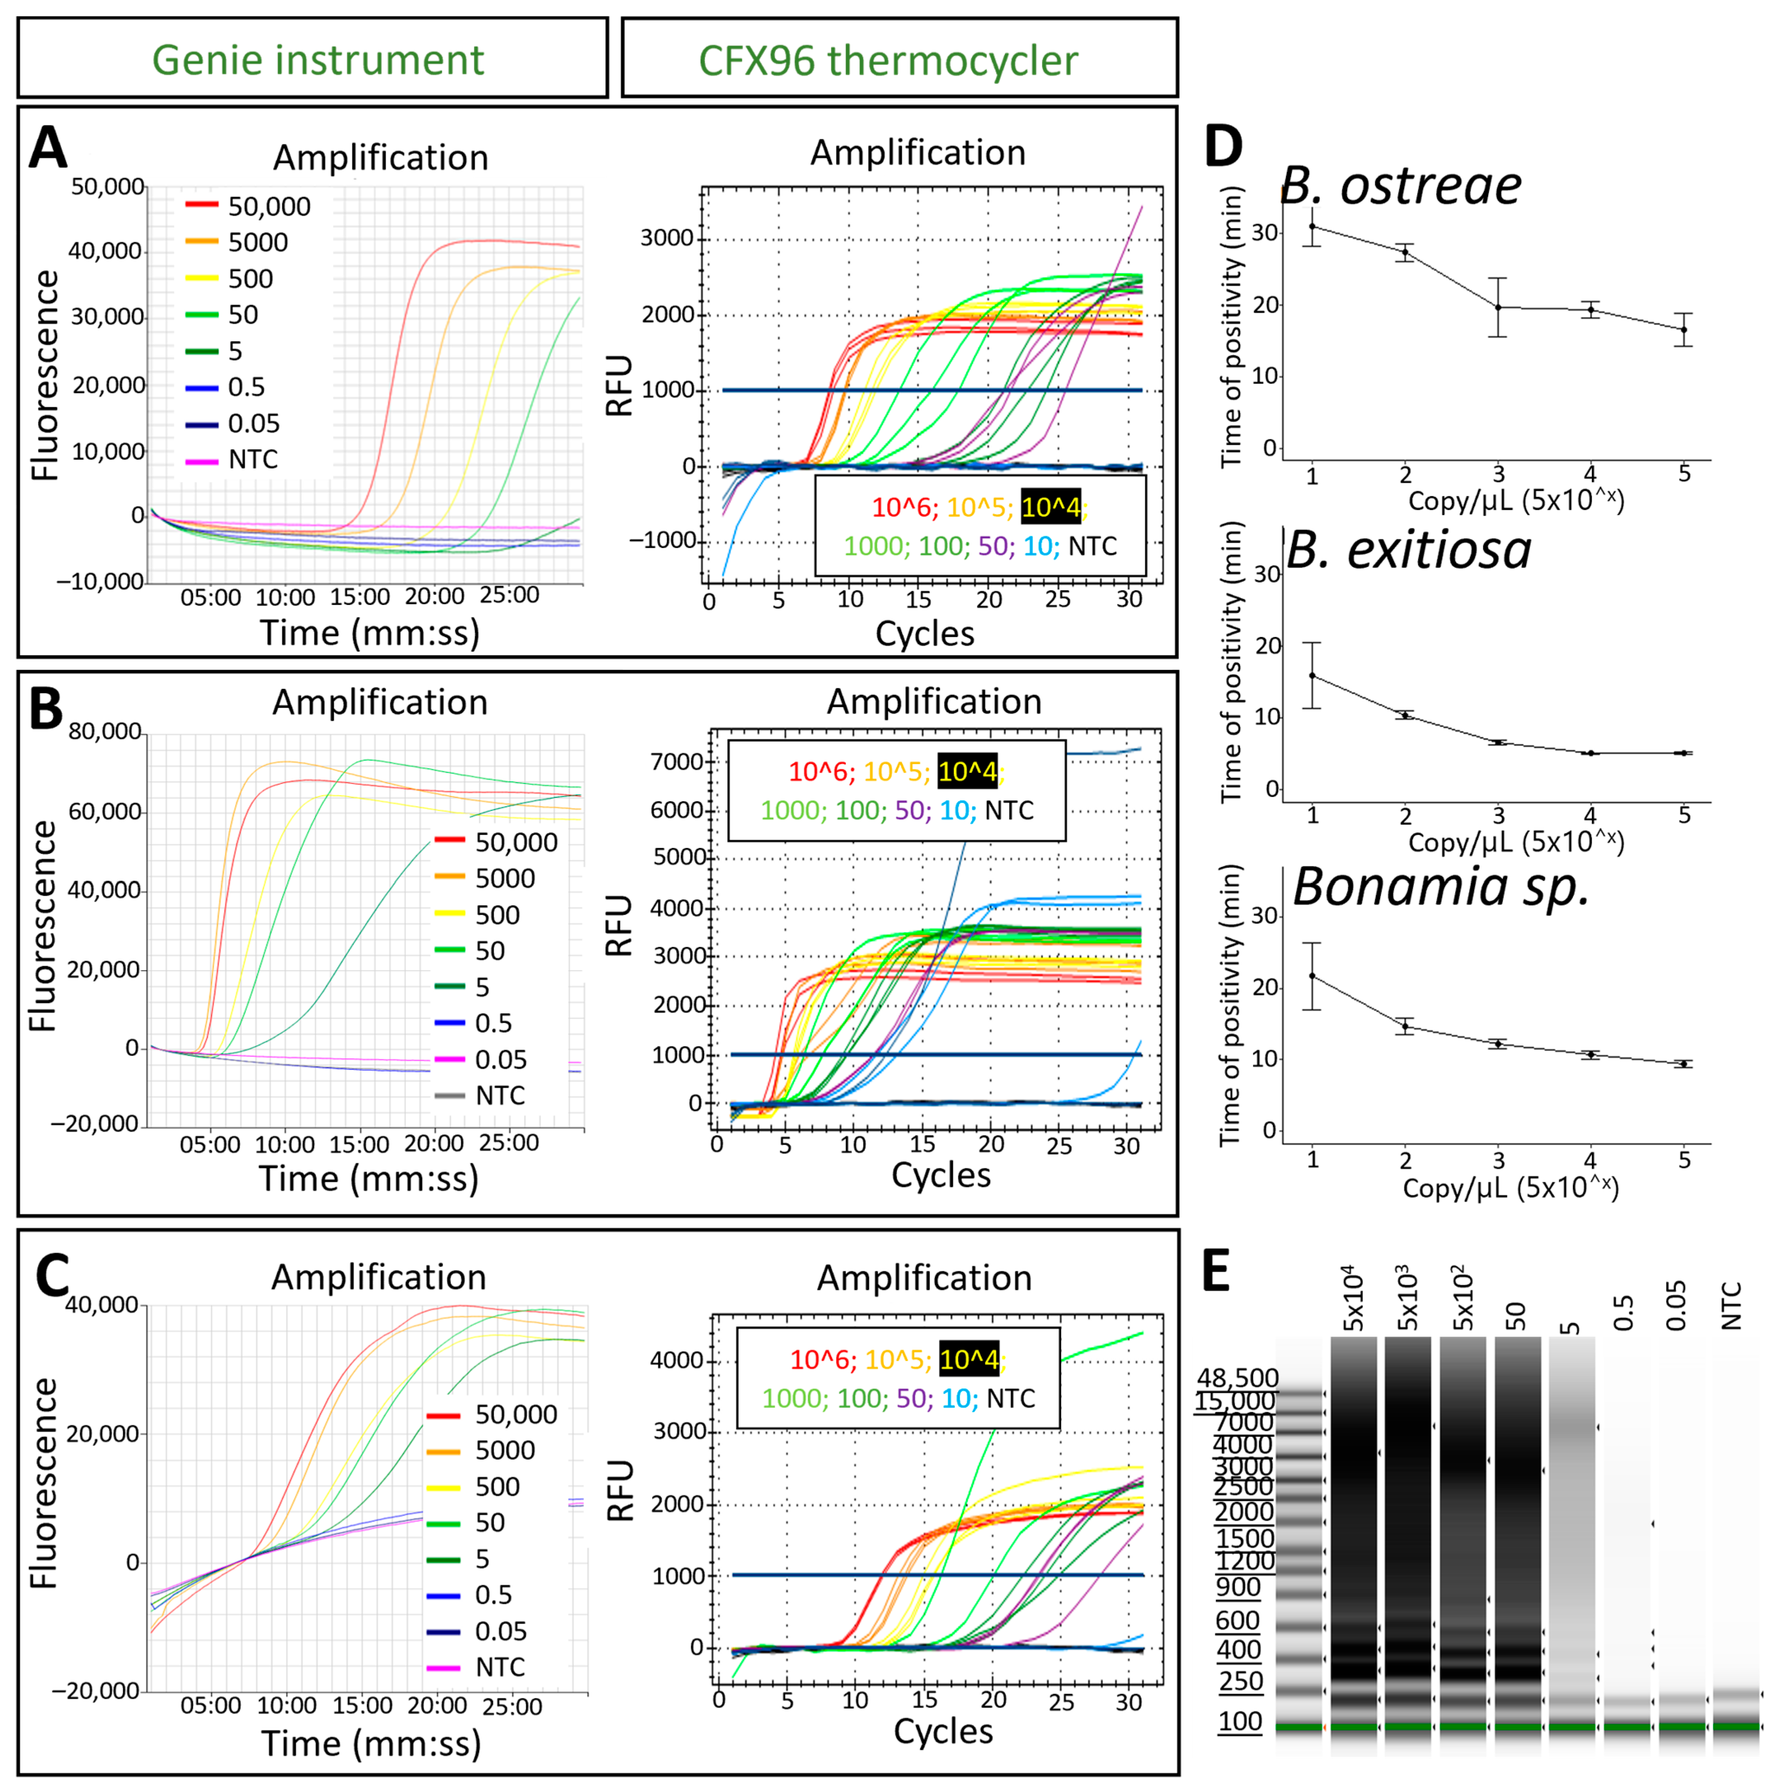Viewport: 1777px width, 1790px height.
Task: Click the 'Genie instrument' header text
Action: (x=318, y=60)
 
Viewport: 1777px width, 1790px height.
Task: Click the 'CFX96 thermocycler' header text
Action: (x=887, y=60)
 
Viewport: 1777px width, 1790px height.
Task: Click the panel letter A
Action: (x=48, y=148)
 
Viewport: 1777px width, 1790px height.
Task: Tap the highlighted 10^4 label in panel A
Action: (x=1051, y=508)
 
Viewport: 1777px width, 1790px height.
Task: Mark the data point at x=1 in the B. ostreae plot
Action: (x=1312, y=226)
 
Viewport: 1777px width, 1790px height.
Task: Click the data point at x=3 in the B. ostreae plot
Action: (x=1498, y=307)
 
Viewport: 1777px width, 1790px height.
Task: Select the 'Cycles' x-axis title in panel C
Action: (x=942, y=1731)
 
